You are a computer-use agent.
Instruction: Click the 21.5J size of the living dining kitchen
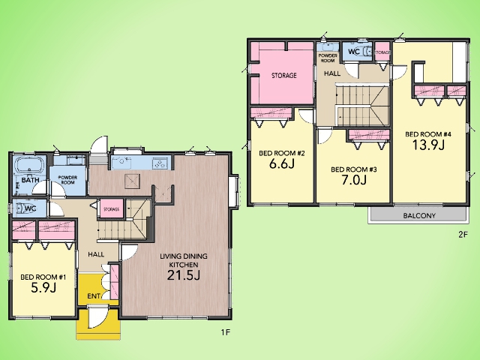[184, 275]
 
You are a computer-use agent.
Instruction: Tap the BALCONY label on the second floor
[419, 215]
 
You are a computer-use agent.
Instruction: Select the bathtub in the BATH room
[30, 165]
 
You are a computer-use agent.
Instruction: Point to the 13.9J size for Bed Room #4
[428, 145]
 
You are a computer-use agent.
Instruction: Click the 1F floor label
[225, 332]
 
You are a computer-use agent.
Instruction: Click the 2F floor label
[463, 235]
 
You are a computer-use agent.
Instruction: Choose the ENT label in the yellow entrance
[94, 296]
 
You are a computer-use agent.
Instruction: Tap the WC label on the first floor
[30, 208]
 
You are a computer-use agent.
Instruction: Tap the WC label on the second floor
[354, 52]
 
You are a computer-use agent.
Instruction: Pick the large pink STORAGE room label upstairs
[284, 75]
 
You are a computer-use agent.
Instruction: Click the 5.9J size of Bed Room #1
[43, 287]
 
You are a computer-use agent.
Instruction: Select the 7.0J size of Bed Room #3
[354, 180]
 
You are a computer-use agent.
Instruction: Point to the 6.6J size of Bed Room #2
[282, 163]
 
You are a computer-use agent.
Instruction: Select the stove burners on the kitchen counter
[161, 163]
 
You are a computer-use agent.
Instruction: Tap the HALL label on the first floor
[96, 254]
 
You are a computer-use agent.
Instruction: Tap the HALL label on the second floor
[332, 73]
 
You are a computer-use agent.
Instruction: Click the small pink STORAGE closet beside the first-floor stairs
[112, 209]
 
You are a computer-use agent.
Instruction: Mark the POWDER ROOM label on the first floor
[67, 180]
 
